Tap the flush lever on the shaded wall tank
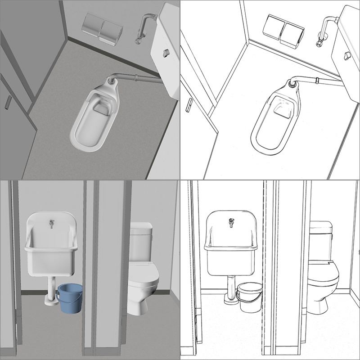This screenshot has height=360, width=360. click(x=165, y=53)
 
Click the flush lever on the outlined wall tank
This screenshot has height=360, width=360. click(x=346, y=55)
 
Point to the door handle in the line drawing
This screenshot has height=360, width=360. click(x=189, y=104)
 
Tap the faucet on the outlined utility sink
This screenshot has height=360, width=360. click(x=232, y=222)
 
